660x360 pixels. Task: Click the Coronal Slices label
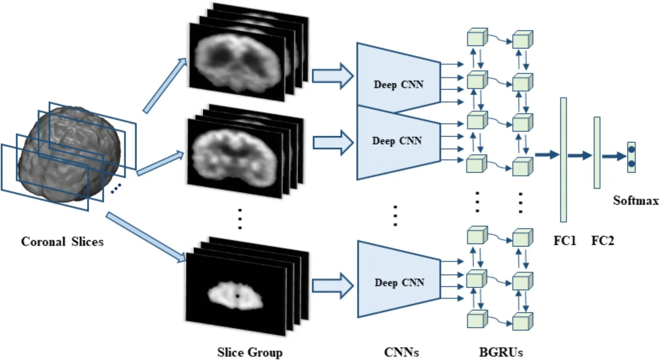(x=62, y=241)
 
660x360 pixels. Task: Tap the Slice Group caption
(x=250, y=352)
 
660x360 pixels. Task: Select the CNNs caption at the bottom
(x=401, y=352)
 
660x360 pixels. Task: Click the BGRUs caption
(x=501, y=352)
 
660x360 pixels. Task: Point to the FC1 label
(x=564, y=241)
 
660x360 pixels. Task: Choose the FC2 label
(x=602, y=241)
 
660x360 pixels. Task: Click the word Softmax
(x=636, y=201)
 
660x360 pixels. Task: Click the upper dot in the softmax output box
(x=631, y=150)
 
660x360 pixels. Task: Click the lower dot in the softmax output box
(x=631, y=164)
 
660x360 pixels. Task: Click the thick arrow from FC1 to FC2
(x=580, y=155)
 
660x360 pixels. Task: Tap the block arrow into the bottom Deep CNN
(x=332, y=286)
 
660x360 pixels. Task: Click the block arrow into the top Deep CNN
(x=332, y=76)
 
